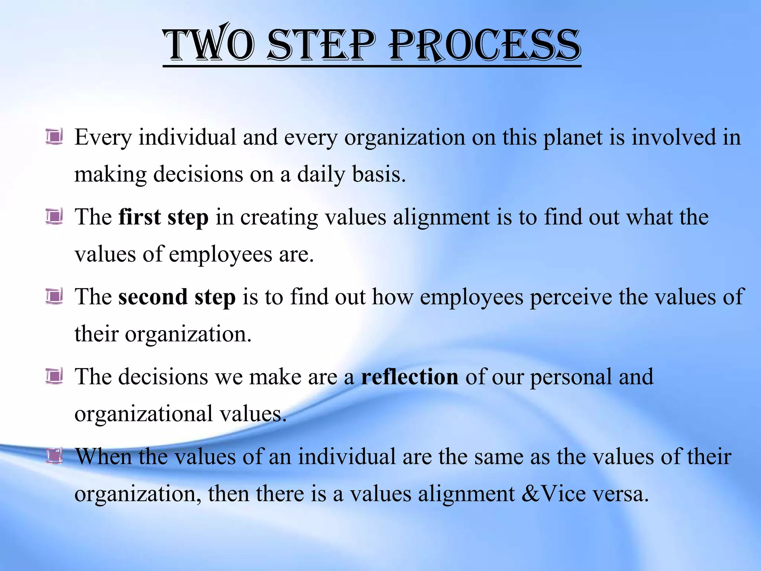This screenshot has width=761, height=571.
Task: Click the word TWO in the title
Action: tap(209, 45)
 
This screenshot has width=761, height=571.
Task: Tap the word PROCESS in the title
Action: tap(485, 45)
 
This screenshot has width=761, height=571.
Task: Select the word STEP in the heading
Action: tap(322, 45)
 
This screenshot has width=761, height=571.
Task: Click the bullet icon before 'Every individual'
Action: tap(54, 136)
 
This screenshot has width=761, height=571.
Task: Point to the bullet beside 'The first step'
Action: tap(54, 216)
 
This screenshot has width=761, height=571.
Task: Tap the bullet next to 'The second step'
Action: tap(54, 296)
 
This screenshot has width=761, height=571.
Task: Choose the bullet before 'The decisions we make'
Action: tap(54, 376)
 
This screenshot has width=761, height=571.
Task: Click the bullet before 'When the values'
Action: tap(54, 456)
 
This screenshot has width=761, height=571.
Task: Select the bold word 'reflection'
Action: tap(409, 376)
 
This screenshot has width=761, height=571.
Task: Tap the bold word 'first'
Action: tap(139, 217)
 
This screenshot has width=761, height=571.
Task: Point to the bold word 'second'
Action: tap(153, 297)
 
